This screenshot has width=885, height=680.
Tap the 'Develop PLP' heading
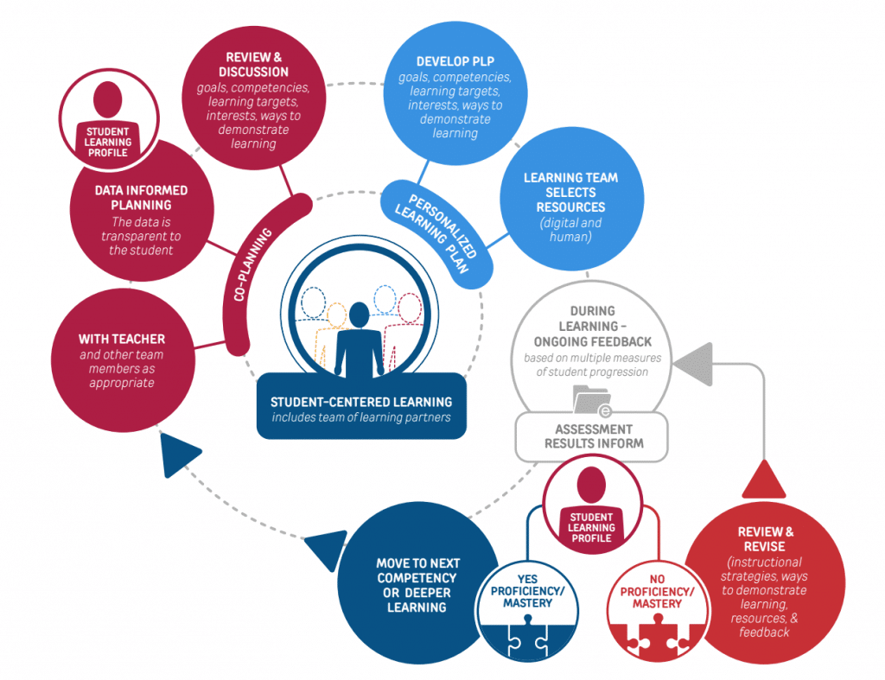[455, 63]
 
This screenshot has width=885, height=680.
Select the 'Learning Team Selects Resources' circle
[570, 193]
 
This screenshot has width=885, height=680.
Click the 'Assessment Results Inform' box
[594, 436]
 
